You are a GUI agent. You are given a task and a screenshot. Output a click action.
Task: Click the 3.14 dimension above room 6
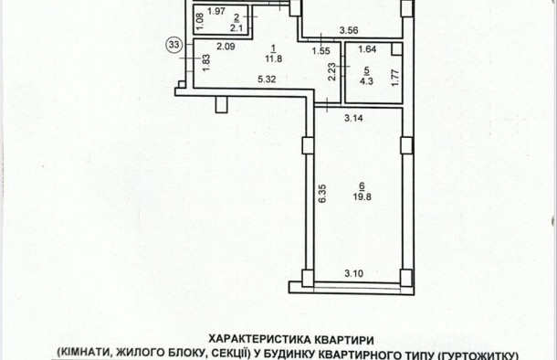[x=354, y=117]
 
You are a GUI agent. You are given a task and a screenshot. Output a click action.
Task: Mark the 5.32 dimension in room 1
[x=268, y=80]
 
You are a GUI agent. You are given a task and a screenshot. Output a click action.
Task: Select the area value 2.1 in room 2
[x=236, y=27]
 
